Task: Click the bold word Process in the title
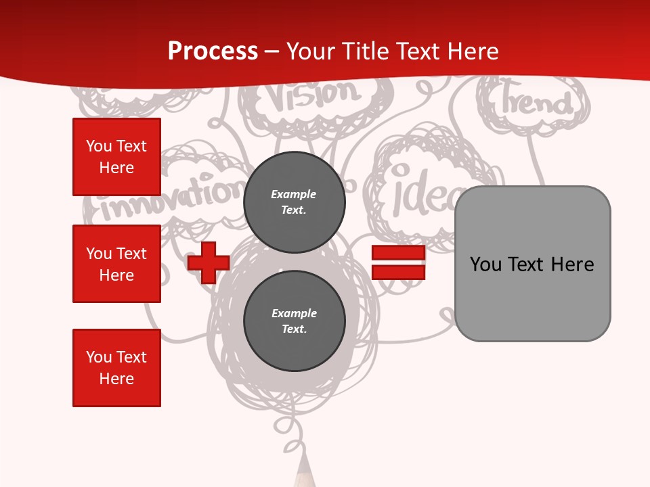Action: pyautogui.click(x=213, y=51)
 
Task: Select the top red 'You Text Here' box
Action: pyautogui.click(x=116, y=157)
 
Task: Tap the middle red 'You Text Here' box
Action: pyautogui.click(x=116, y=264)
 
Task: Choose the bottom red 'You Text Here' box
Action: pyautogui.click(x=116, y=368)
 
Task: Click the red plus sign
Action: pyautogui.click(x=209, y=262)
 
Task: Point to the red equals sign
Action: pyautogui.click(x=398, y=262)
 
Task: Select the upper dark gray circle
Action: pyautogui.click(x=294, y=202)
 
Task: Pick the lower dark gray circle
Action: pyautogui.click(x=294, y=321)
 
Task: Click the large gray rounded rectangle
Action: pyautogui.click(x=532, y=264)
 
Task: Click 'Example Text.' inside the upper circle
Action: pyautogui.click(x=294, y=202)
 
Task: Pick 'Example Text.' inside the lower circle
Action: pyautogui.click(x=294, y=321)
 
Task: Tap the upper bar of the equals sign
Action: pyautogui.click(x=398, y=253)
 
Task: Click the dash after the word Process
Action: pyautogui.click(x=272, y=51)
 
